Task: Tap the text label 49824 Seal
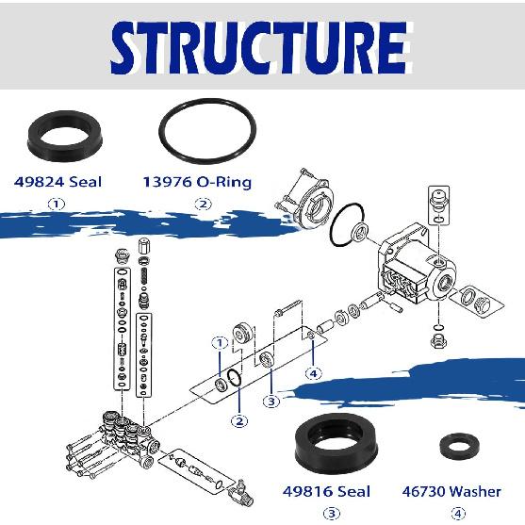click(x=57, y=181)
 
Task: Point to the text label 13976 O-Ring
click(x=197, y=181)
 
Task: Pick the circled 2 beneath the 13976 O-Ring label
click(x=200, y=204)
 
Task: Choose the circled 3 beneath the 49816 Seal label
click(x=332, y=514)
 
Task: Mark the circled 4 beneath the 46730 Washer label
click(x=458, y=514)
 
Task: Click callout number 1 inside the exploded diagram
click(x=219, y=343)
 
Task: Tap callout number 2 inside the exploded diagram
click(x=240, y=420)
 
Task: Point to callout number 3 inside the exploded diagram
click(x=271, y=402)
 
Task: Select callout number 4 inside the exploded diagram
click(x=315, y=373)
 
